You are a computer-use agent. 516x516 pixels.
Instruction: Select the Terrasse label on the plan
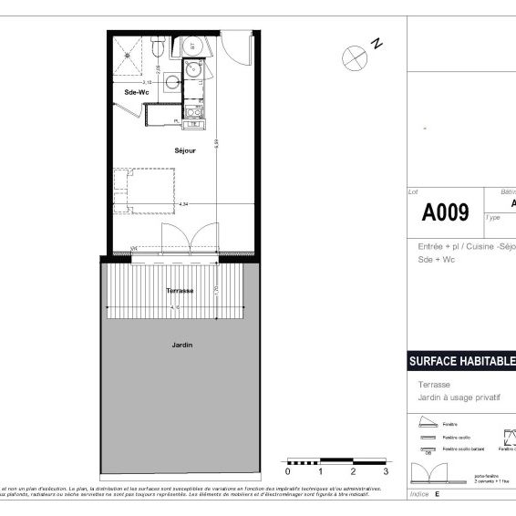(x=179, y=290)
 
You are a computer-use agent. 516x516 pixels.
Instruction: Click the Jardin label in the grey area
(x=181, y=346)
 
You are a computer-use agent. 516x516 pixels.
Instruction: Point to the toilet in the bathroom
(x=159, y=46)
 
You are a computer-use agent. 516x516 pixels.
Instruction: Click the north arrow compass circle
(x=352, y=56)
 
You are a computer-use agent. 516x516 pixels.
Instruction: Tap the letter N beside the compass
(x=377, y=42)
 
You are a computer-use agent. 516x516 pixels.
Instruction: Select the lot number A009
(x=445, y=213)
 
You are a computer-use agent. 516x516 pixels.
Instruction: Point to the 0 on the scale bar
(x=288, y=472)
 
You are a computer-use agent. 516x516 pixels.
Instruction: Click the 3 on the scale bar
(x=386, y=472)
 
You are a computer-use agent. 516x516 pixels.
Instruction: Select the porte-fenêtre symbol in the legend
(x=429, y=471)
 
